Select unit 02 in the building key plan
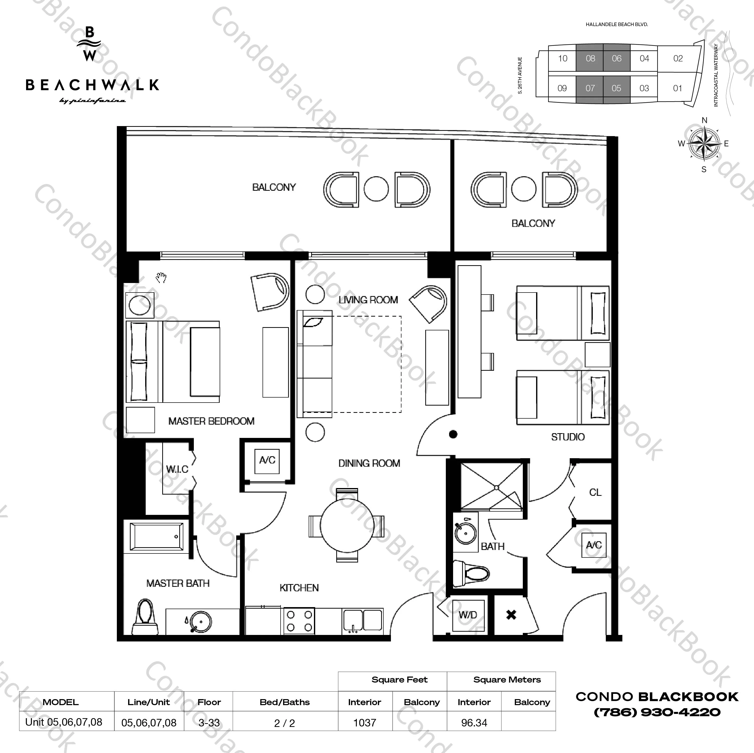coord(678,58)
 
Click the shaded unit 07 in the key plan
coord(590,88)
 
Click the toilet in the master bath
coord(145,617)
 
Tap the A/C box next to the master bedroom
coord(267,460)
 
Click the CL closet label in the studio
coord(595,492)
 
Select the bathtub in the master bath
coord(156,537)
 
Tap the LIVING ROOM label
coord(368,300)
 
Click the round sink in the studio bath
coord(465,533)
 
